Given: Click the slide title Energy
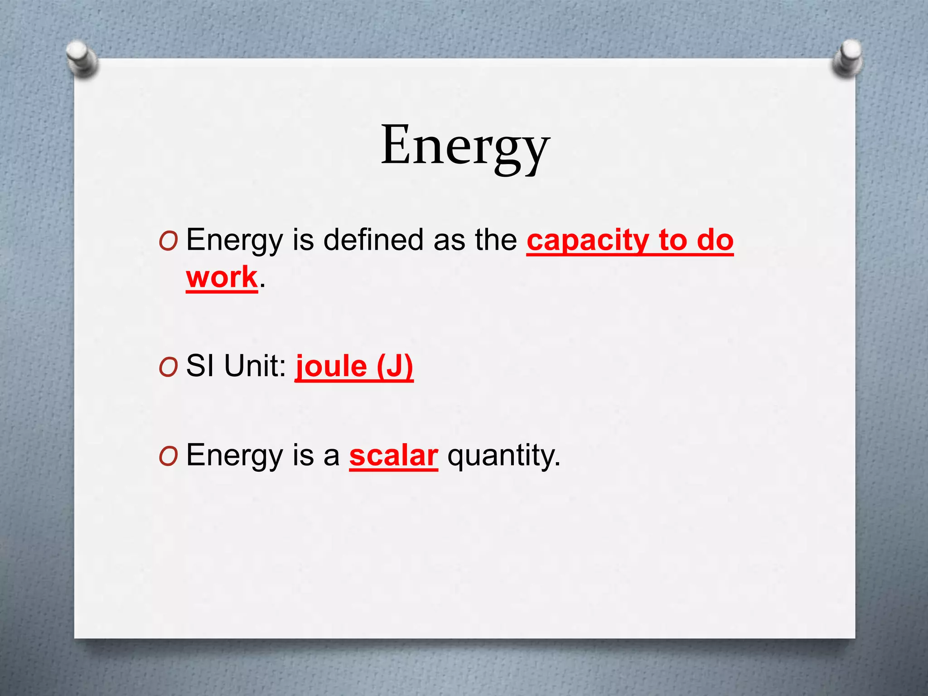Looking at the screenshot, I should [x=465, y=146].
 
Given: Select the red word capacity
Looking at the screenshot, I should [x=588, y=240].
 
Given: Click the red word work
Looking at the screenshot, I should [x=222, y=277].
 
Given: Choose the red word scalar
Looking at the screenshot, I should [x=393, y=455].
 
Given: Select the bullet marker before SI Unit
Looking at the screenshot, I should [x=168, y=367].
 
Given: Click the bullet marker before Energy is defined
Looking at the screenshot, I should [x=168, y=242].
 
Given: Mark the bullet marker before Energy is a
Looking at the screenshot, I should [x=168, y=457].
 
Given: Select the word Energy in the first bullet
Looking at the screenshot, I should [x=235, y=240].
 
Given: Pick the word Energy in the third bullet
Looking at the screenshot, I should [x=235, y=455].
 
